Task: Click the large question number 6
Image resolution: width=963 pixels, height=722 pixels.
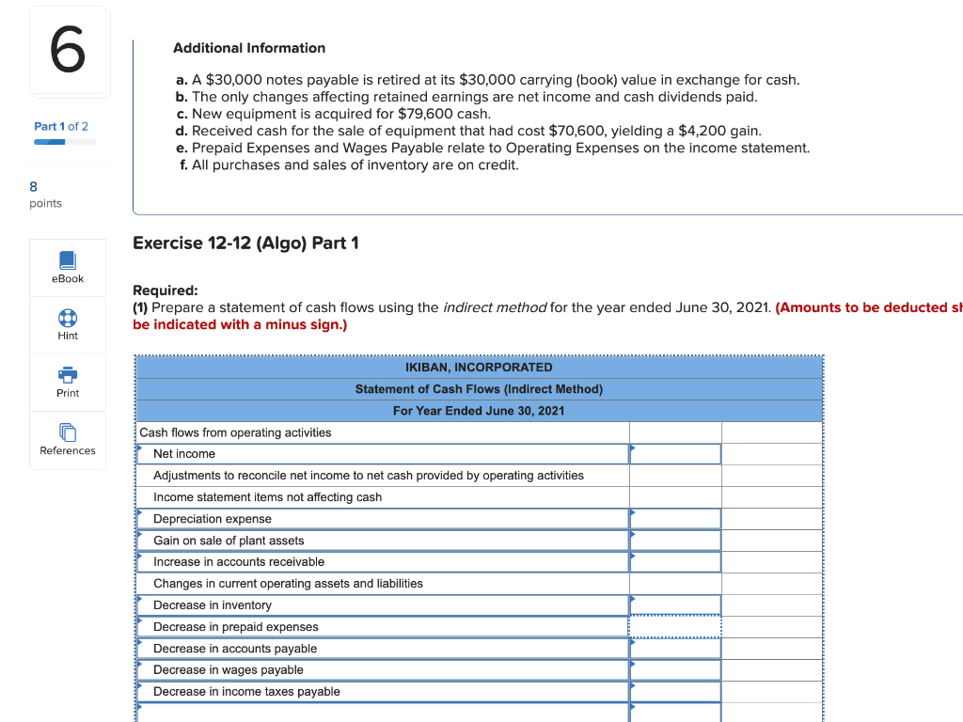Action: point(68,52)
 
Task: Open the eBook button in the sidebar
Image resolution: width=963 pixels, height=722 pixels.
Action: point(68,267)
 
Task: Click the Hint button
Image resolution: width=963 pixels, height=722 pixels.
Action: point(68,324)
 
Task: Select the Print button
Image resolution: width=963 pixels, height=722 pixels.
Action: point(68,382)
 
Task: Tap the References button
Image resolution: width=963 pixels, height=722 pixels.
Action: point(68,439)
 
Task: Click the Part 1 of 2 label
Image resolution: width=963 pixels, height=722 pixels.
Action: point(61,126)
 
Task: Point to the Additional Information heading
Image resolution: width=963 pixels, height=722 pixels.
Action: point(249,48)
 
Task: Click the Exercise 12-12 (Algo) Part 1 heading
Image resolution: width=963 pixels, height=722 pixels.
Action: point(246,243)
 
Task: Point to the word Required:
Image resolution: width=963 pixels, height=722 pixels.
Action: point(166,290)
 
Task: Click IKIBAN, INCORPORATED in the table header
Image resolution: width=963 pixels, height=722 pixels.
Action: point(479,367)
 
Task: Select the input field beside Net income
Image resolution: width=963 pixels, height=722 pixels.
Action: point(675,454)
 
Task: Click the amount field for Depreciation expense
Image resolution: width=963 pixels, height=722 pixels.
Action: point(675,519)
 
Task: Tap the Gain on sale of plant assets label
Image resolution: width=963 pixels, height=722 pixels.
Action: point(229,541)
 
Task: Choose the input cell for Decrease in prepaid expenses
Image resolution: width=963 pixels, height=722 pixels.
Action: point(675,627)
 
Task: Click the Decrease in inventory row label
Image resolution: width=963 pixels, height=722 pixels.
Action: point(213,605)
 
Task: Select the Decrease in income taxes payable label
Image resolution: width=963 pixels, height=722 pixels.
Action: point(246,692)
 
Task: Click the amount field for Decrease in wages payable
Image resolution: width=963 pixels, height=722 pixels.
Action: point(675,670)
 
